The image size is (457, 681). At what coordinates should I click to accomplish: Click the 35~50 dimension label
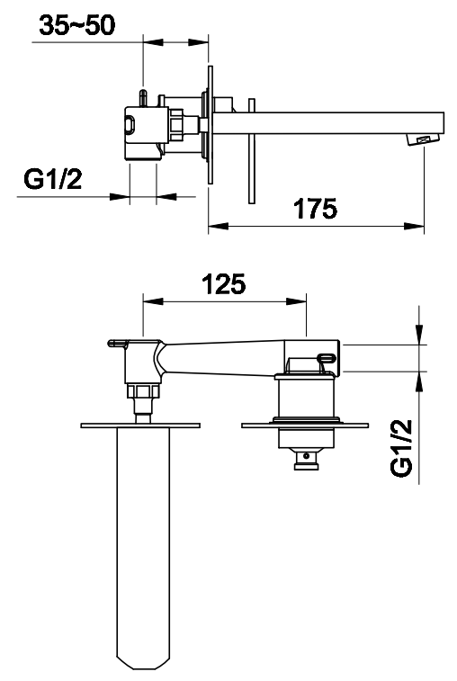pyautogui.click(x=77, y=25)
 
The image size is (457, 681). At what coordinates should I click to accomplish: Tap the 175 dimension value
pyautogui.click(x=316, y=209)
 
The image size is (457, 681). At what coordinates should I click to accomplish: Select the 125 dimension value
pyautogui.click(x=224, y=284)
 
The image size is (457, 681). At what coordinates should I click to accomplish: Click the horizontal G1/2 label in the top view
pyautogui.click(x=52, y=179)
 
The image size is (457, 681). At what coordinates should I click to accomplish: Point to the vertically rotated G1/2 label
pyautogui.click(x=401, y=448)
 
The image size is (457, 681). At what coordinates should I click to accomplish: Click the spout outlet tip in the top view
pyautogui.click(x=424, y=139)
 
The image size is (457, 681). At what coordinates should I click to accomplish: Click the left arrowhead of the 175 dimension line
pyautogui.click(x=219, y=226)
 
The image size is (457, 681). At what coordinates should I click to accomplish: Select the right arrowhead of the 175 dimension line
pyautogui.click(x=414, y=226)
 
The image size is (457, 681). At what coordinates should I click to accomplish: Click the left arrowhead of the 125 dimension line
pyautogui.click(x=153, y=301)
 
